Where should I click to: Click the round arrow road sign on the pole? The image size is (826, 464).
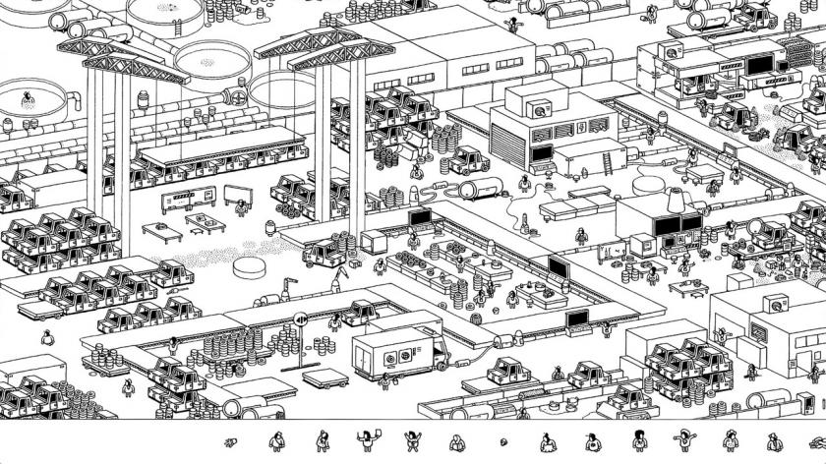coord(302,318)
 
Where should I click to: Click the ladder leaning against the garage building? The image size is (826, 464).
coord(611,153)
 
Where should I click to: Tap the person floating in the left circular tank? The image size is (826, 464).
coord(28,98)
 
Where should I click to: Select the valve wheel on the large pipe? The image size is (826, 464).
coord(236,98)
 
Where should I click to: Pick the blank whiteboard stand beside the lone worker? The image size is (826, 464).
coord(236,195)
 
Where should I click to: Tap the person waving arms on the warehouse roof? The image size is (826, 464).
coord(510,24)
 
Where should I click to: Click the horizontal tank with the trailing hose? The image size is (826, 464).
coord(481,188)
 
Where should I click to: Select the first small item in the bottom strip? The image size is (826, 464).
coord(233,440)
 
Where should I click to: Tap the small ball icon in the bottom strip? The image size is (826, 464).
coord(504,441)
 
